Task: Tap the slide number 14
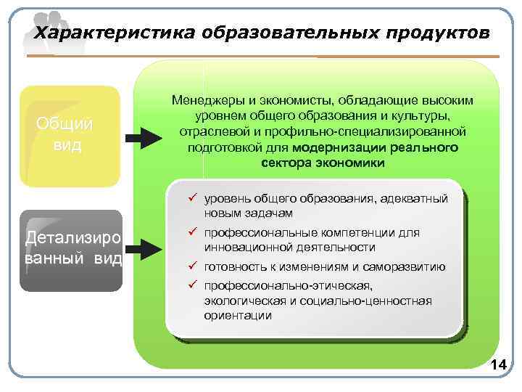[498, 365]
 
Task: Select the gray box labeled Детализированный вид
[70, 250]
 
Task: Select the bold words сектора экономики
[323, 163]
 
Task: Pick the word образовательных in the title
[288, 33]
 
